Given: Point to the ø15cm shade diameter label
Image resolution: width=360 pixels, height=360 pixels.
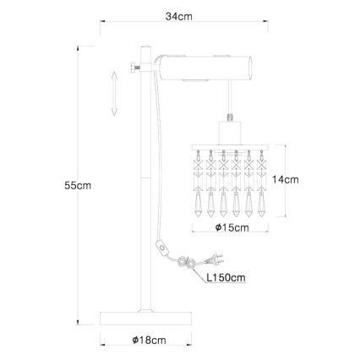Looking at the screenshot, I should pos(232,227).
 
